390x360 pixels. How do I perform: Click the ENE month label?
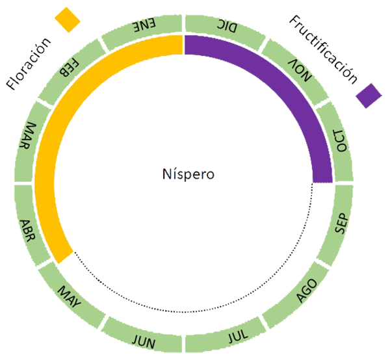click(144, 25)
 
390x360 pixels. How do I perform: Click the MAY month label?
click(70, 298)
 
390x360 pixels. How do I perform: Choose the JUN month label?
click(143, 340)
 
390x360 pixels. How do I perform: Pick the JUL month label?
click(238, 337)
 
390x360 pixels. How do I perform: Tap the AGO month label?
click(307, 291)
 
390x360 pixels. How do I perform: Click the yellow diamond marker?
click(66, 18)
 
